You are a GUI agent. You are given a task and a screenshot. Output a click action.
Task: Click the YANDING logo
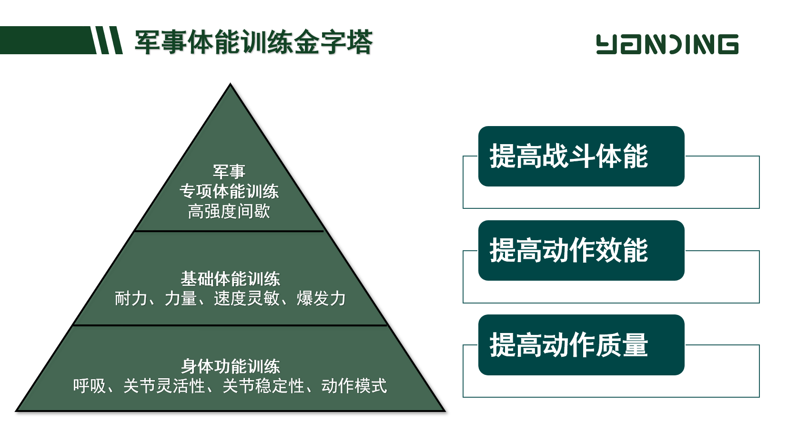667,44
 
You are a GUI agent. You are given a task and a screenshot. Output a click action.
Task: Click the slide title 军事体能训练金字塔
253,42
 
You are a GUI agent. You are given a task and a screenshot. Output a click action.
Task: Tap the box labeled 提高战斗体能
581,157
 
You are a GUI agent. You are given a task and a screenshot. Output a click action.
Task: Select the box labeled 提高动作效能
581,251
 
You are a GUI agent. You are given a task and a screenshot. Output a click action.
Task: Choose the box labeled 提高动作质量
581,345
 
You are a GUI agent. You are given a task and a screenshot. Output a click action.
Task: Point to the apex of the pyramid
231,84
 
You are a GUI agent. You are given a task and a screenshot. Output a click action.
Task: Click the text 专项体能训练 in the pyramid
229,192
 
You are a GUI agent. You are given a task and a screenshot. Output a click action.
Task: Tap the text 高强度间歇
229,212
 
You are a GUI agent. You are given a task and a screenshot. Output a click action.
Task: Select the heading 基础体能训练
231,279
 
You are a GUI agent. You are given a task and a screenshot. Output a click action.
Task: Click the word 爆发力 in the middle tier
321,299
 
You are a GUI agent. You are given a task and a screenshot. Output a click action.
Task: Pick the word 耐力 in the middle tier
131,299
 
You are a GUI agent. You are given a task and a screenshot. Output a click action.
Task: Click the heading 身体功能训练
231,366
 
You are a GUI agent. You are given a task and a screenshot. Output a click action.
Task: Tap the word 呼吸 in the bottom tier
90,386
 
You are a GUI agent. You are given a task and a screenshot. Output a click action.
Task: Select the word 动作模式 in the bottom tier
354,386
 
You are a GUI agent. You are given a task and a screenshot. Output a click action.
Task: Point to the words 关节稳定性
263,386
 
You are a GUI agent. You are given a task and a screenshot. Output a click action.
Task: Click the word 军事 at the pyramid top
229,172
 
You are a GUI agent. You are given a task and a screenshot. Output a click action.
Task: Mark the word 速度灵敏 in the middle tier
247,299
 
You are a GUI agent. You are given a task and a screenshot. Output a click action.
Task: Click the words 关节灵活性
164,386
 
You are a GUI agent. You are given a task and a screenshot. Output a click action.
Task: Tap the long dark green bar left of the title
48,40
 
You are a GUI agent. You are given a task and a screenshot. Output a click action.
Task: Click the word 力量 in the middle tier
181,299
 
